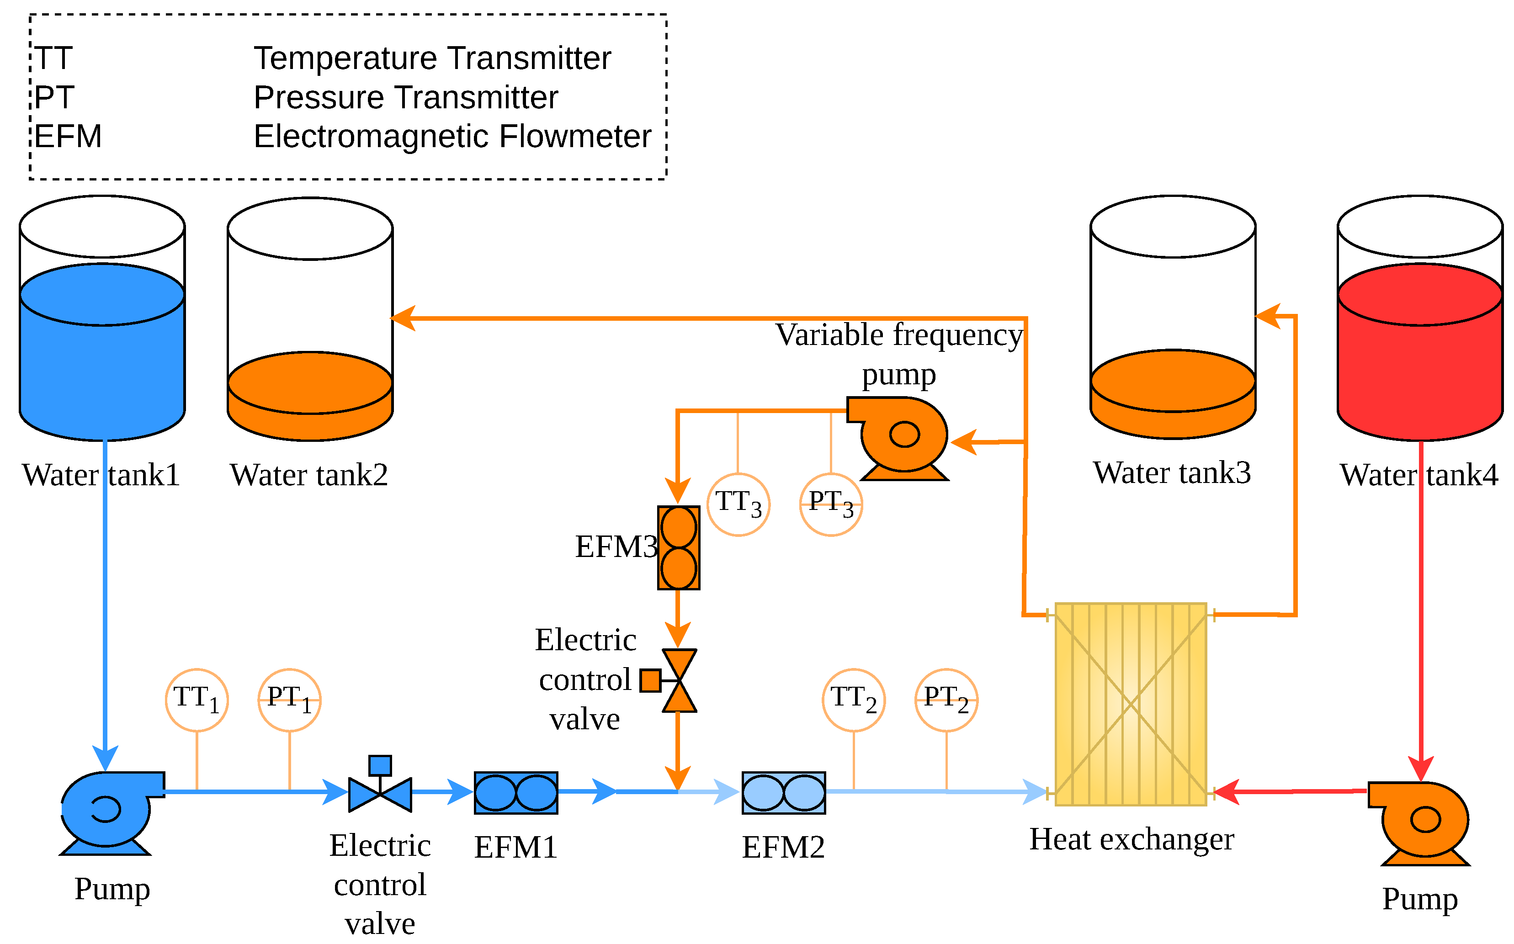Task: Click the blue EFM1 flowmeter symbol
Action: [x=515, y=793]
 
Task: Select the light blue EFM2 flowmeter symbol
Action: [x=784, y=793]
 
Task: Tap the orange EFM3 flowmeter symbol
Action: [x=679, y=547]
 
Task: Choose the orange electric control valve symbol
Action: [x=669, y=680]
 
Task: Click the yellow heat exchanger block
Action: [x=1131, y=704]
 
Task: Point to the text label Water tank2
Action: [x=309, y=475]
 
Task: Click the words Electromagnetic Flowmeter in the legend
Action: [x=452, y=136]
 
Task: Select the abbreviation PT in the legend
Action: [x=54, y=97]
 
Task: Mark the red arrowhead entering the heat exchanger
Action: [x=1226, y=792]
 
